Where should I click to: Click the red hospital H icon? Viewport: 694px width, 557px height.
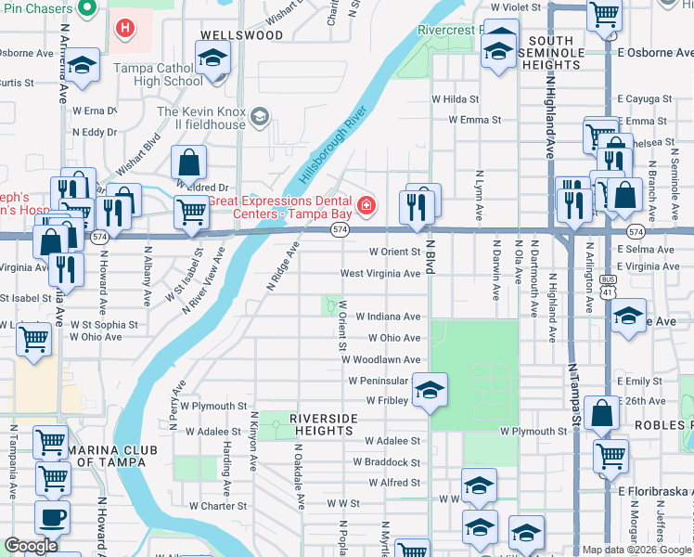[124, 29]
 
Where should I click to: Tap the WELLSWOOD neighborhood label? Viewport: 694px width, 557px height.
[241, 35]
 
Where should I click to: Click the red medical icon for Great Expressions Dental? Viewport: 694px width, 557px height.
[367, 204]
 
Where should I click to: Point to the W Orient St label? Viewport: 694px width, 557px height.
[395, 252]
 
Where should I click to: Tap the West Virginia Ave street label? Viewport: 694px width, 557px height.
[380, 274]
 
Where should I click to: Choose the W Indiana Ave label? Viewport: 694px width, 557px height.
[388, 317]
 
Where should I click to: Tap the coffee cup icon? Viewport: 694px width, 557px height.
[52, 517]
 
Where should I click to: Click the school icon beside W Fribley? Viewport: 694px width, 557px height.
[430, 390]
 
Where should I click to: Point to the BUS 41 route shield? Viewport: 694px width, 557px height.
[607, 291]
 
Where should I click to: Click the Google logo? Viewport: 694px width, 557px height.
[32, 546]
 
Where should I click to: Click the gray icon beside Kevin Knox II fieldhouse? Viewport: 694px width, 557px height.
[261, 116]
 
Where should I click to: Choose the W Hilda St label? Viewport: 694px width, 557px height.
[455, 99]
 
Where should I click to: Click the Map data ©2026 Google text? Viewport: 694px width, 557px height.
[636, 550]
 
